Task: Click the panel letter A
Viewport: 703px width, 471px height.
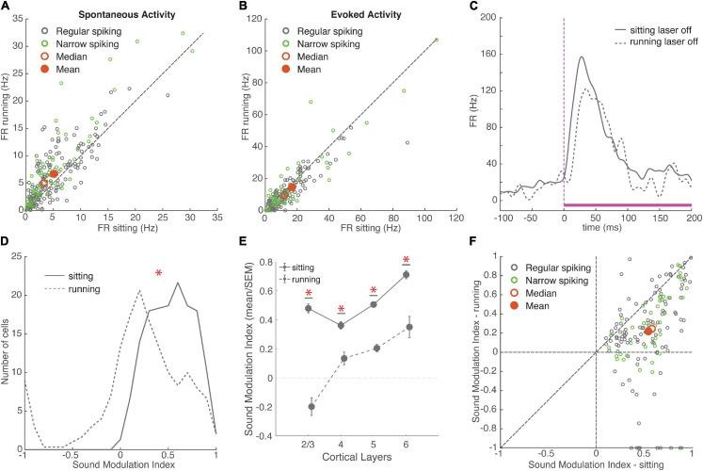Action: [7, 8]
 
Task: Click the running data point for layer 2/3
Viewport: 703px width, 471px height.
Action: [310, 407]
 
